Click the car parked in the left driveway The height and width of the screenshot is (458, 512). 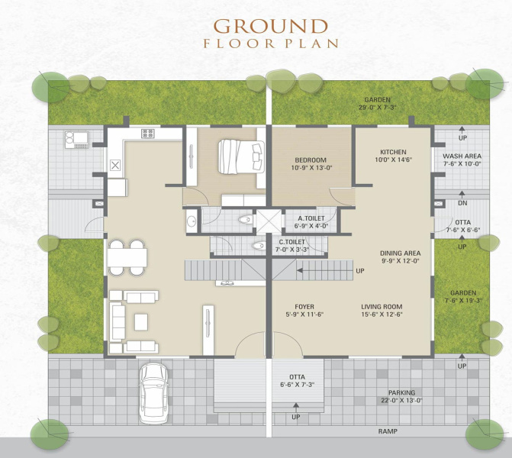pyautogui.click(x=153, y=394)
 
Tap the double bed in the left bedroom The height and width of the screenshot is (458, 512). pyautogui.click(x=241, y=156)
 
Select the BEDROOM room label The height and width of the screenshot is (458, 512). pyautogui.click(x=311, y=160)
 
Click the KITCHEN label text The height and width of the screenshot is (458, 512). pyautogui.click(x=393, y=152)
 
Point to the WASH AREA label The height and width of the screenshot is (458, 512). pyautogui.click(x=462, y=156)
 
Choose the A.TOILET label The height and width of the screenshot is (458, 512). pyautogui.click(x=311, y=218)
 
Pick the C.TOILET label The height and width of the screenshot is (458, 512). pyautogui.click(x=291, y=242)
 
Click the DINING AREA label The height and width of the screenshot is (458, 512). pyautogui.click(x=401, y=253)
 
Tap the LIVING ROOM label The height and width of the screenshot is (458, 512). pyautogui.click(x=382, y=307)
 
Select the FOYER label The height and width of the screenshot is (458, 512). pyautogui.click(x=304, y=307)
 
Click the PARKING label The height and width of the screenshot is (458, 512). pyautogui.click(x=401, y=392)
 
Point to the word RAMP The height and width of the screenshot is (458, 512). pyautogui.click(x=388, y=431)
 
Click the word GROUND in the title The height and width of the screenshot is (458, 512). pyautogui.click(x=271, y=26)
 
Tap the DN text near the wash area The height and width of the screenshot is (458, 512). pyautogui.click(x=462, y=203)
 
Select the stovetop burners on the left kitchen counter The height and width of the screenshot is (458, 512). pyautogui.click(x=147, y=134)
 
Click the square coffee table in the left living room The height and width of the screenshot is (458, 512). pyautogui.click(x=141, y=322)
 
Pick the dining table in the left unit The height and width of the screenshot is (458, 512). pyautogui.click(x=127, y=258)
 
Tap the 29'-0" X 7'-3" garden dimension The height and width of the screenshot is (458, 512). pyautogui.click(x=377, y=108)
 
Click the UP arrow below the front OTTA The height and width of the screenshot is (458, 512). pyautogui.click(x=296, y=407)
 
